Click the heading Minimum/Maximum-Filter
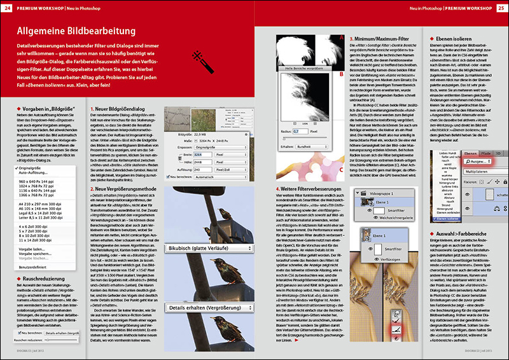tap(382, 38)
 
